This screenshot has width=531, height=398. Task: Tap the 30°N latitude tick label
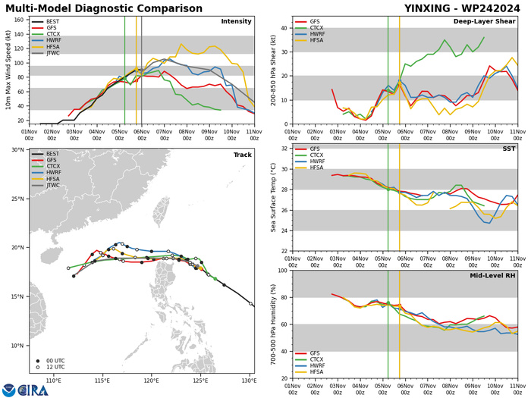[x=18, y=150]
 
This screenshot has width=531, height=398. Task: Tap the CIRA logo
[x=25, y=389]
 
